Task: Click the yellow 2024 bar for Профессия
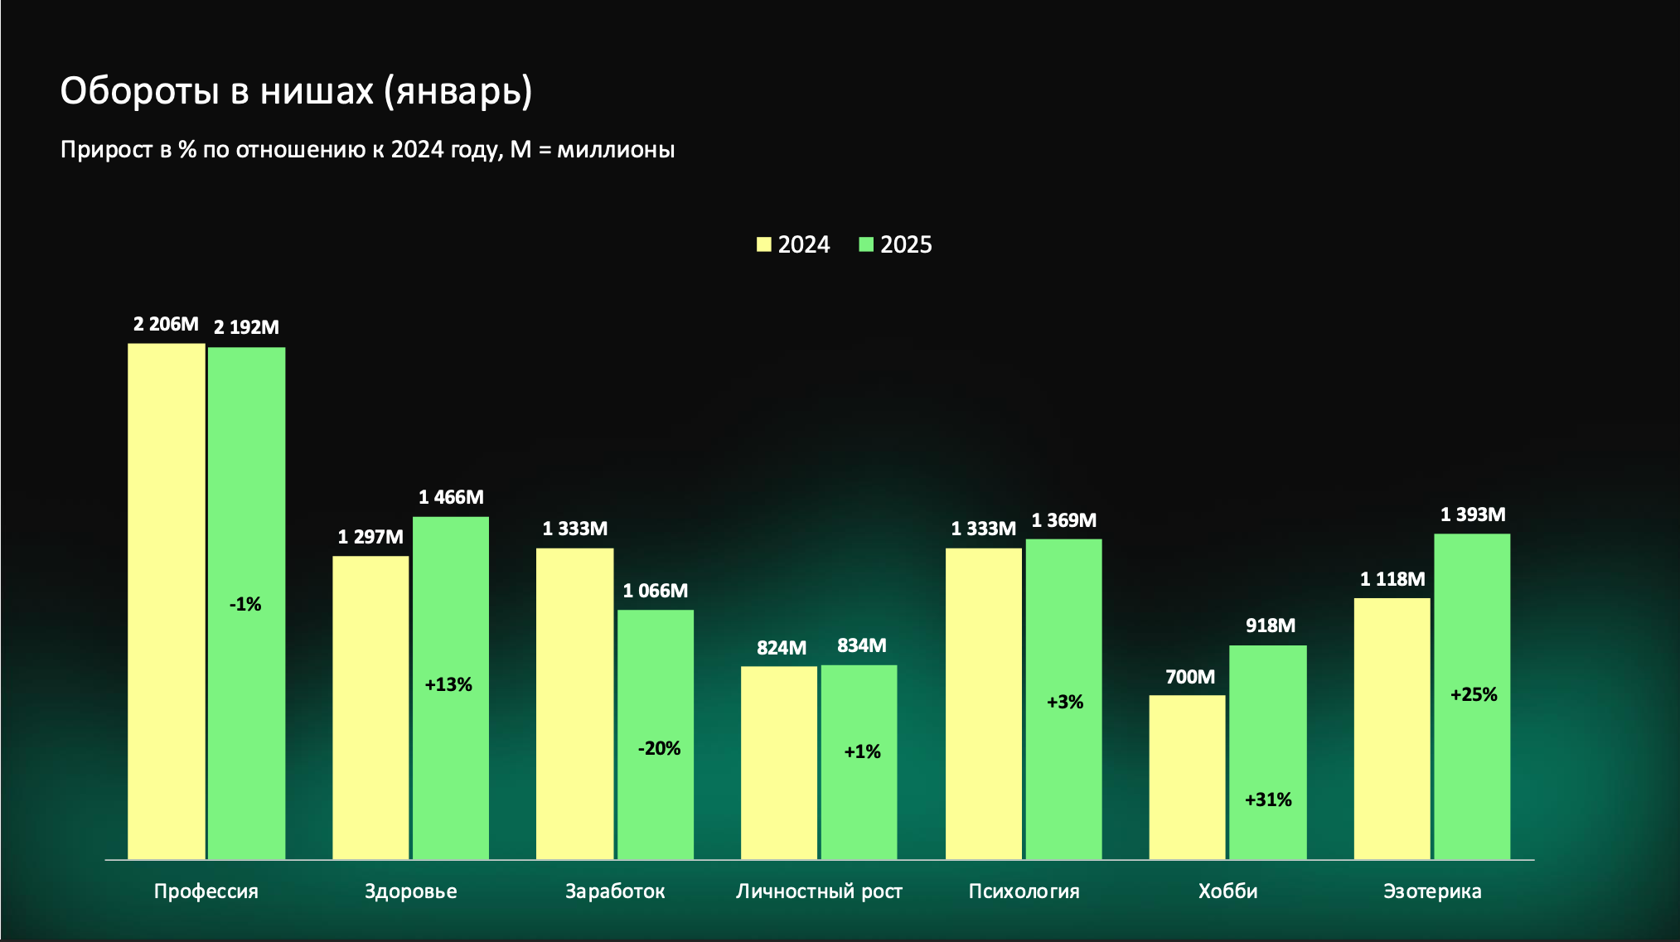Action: click(x=166, y=601)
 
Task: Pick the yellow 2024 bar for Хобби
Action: click(x=1187, y=776)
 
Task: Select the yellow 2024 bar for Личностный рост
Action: click(x=778, y=762)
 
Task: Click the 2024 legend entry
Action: click(x=793, y=244)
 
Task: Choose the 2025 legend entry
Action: click(x=896, y=244)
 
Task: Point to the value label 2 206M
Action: click(x=166, y=324)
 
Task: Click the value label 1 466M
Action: click(x=451, y=497)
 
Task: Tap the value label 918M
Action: click(x=1270, y=626)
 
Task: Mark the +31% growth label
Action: click(x=1268, y=799)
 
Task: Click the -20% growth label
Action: click(x=659, y=748)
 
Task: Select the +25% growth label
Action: click(x=1474, y=694)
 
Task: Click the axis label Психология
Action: click(x=1024, y=891)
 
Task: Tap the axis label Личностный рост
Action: click(x=819, y=891)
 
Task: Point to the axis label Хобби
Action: click(x=1227, y=891)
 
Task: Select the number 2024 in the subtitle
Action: click(x=417, y=150)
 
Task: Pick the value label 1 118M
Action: click(x=1392, y=579)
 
